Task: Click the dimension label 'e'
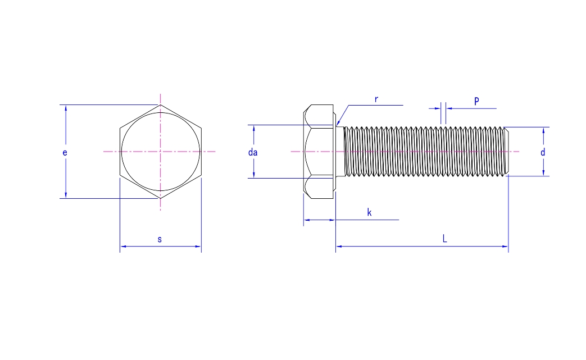tap(65, 152)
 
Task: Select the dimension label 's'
tap(160, 239)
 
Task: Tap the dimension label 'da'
tap(253, 152)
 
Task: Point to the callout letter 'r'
tap(376, 99)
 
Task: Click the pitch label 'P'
tap(476, 101)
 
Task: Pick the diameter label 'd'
tap(543, 152)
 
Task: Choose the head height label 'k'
tap(369, 212)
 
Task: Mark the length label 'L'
tap(444, 239)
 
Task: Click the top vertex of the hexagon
tap(161, 105)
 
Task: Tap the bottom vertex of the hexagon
tap(161, 198)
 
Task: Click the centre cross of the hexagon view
tap(161, 152)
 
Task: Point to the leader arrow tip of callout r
tap(337, 124)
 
